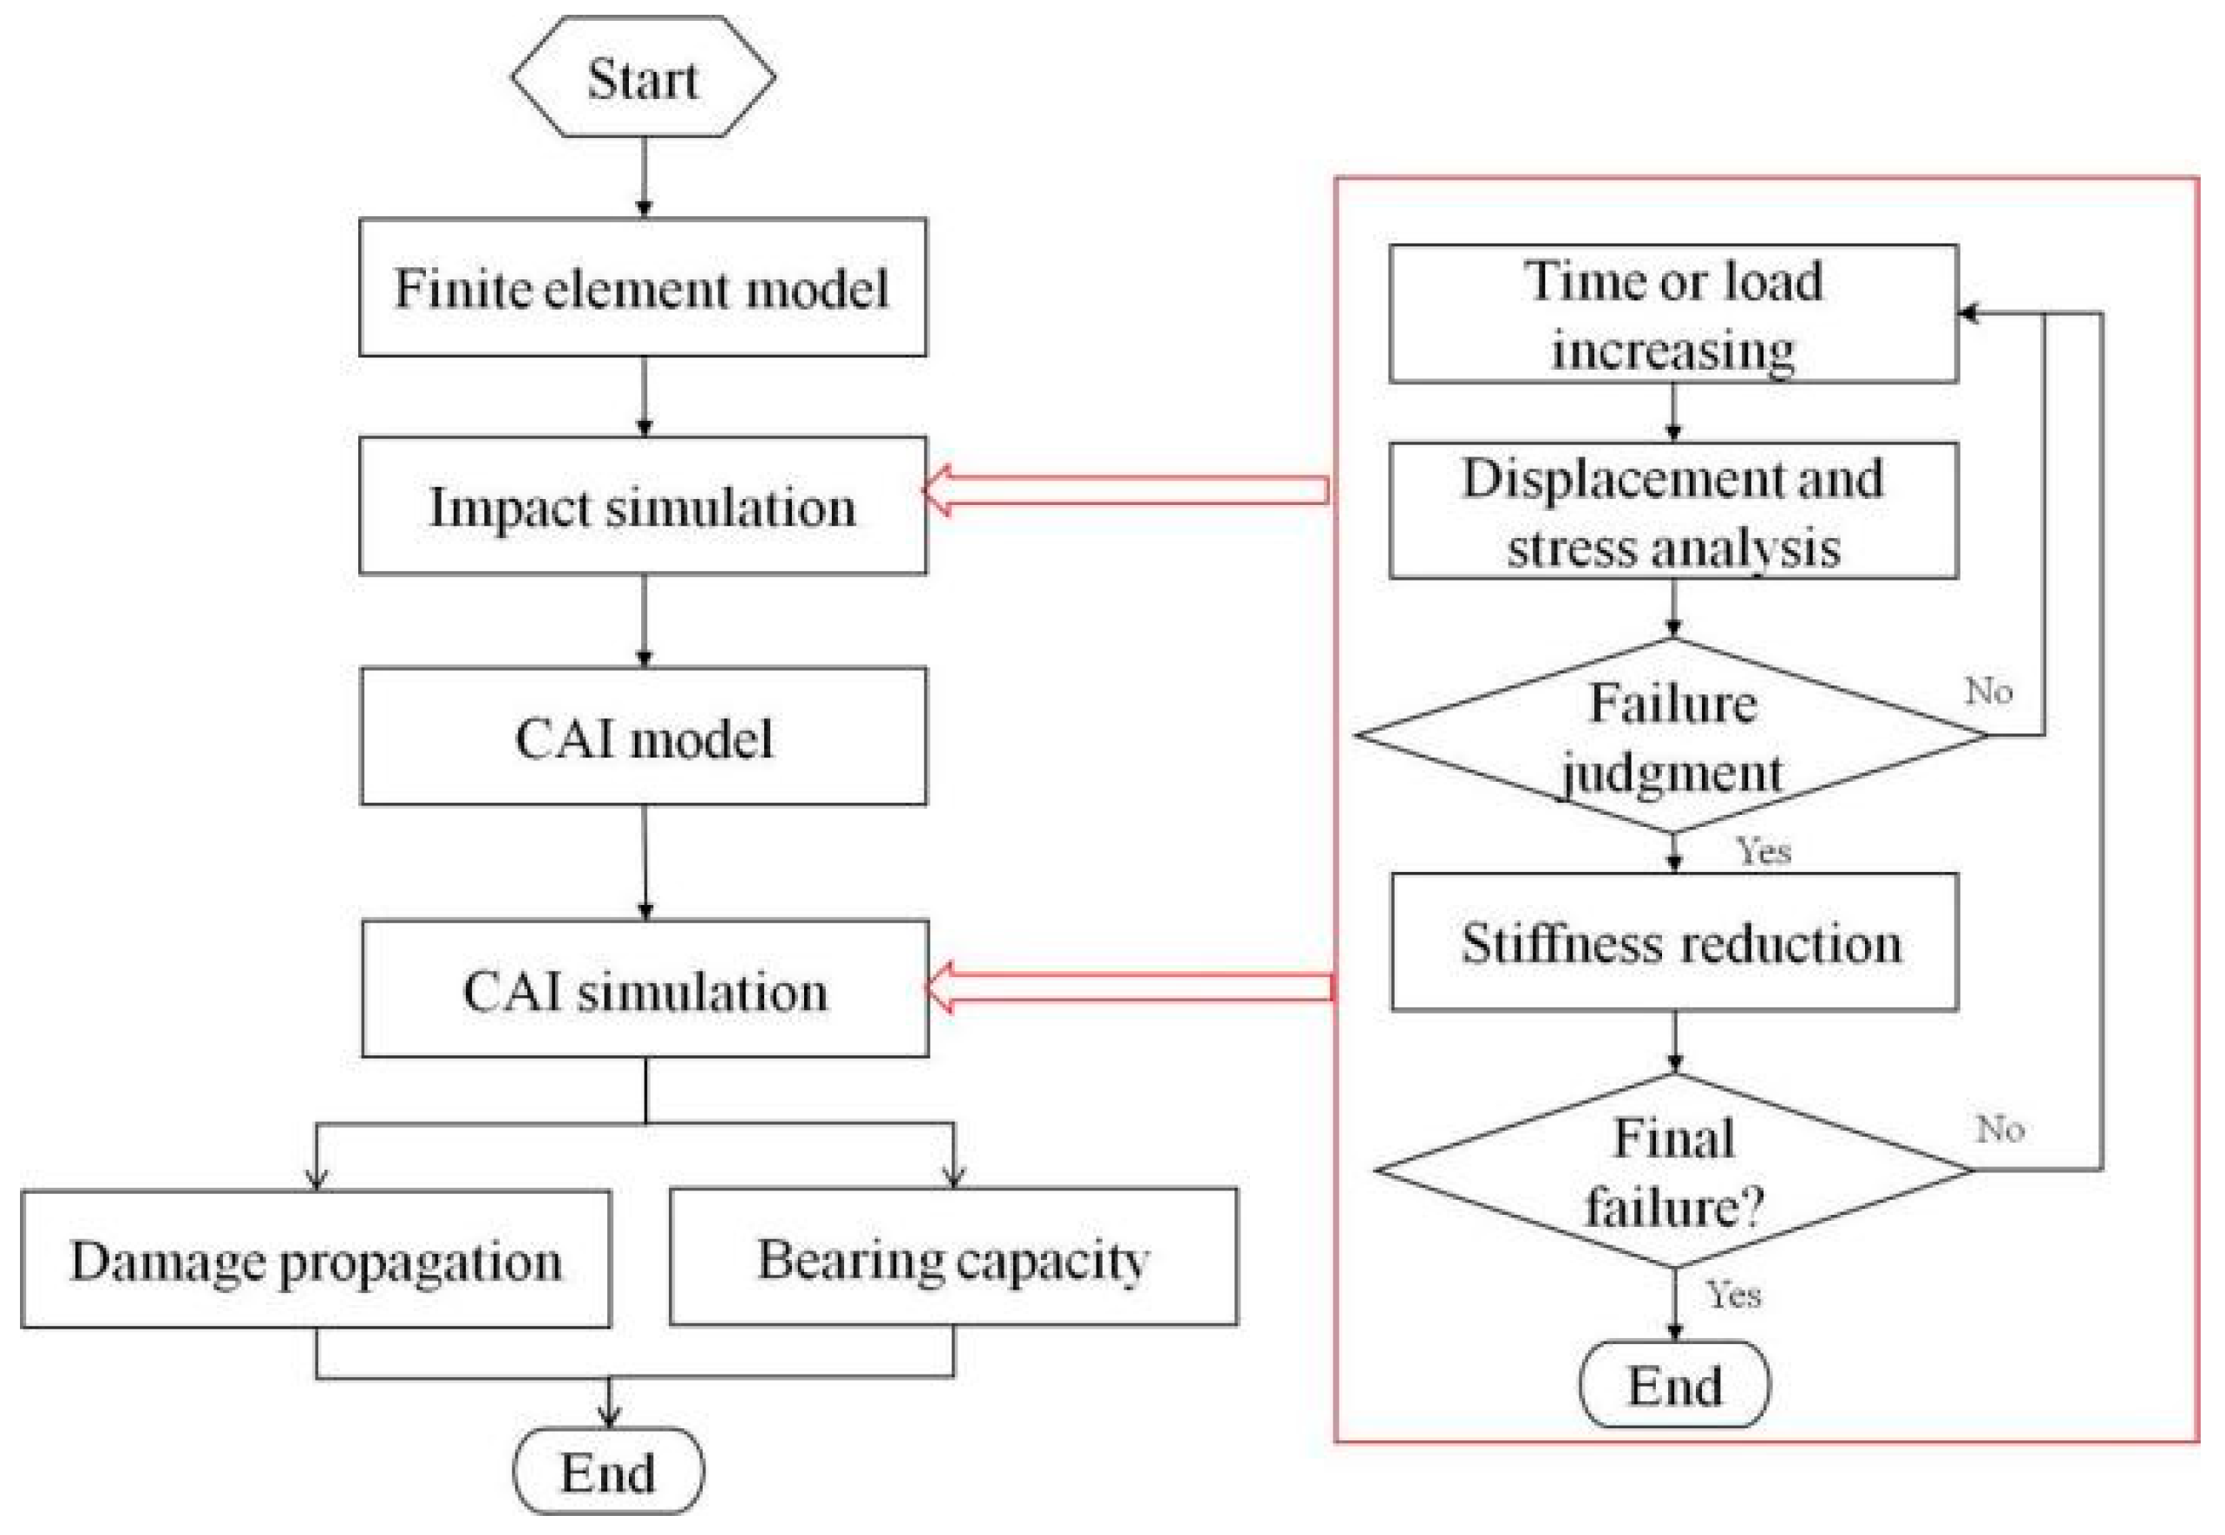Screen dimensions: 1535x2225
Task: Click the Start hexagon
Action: [x=642, y=77]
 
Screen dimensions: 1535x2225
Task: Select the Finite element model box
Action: [x=642, y=286]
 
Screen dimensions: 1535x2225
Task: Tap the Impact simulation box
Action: [x=642, y=506]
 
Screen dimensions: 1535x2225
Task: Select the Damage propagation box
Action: [x=316, y=1259]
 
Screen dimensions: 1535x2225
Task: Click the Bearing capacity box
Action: [x=952, y=1257]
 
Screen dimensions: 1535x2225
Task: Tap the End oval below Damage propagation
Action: [x=608, y=1472]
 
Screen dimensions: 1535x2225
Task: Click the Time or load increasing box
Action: [x=1672, y=313]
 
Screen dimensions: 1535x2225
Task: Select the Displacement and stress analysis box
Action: [x=1672, y=511]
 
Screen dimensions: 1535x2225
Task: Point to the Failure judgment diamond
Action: [x=1672, y=736]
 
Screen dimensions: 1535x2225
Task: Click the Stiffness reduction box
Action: [x=1674, y=941]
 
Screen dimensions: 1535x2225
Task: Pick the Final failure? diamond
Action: [x=1674, y=1171]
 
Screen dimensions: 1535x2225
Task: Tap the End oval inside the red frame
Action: [x=1674, y=1385]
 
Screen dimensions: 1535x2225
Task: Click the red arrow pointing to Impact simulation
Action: [x=1125, y=490]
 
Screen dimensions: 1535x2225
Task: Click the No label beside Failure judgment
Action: [x=1988, y=691]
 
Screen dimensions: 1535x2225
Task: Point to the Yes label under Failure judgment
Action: [x=1763, y=850]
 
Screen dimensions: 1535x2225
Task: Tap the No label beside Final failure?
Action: [x=2000, y=1128]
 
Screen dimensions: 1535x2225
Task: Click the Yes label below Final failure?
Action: [x=1734, y=1295]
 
